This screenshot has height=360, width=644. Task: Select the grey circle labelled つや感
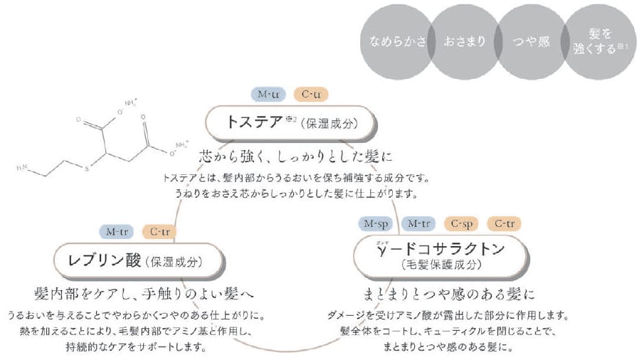click(532, 41)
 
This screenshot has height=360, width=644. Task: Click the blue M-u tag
click(268, 94)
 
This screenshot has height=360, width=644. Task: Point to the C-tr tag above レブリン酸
click(159, 231)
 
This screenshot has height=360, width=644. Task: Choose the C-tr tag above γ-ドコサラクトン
click(504, 224)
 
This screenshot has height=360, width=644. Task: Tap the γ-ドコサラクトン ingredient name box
click(439, 256)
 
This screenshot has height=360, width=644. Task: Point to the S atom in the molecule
click(85, 169)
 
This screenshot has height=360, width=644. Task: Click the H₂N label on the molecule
click(22, 169)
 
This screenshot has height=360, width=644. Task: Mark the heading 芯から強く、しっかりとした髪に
click(296, 154)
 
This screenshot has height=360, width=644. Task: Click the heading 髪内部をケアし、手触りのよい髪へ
click(144, 293)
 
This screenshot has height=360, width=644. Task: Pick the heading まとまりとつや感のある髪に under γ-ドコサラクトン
click(449, 293)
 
